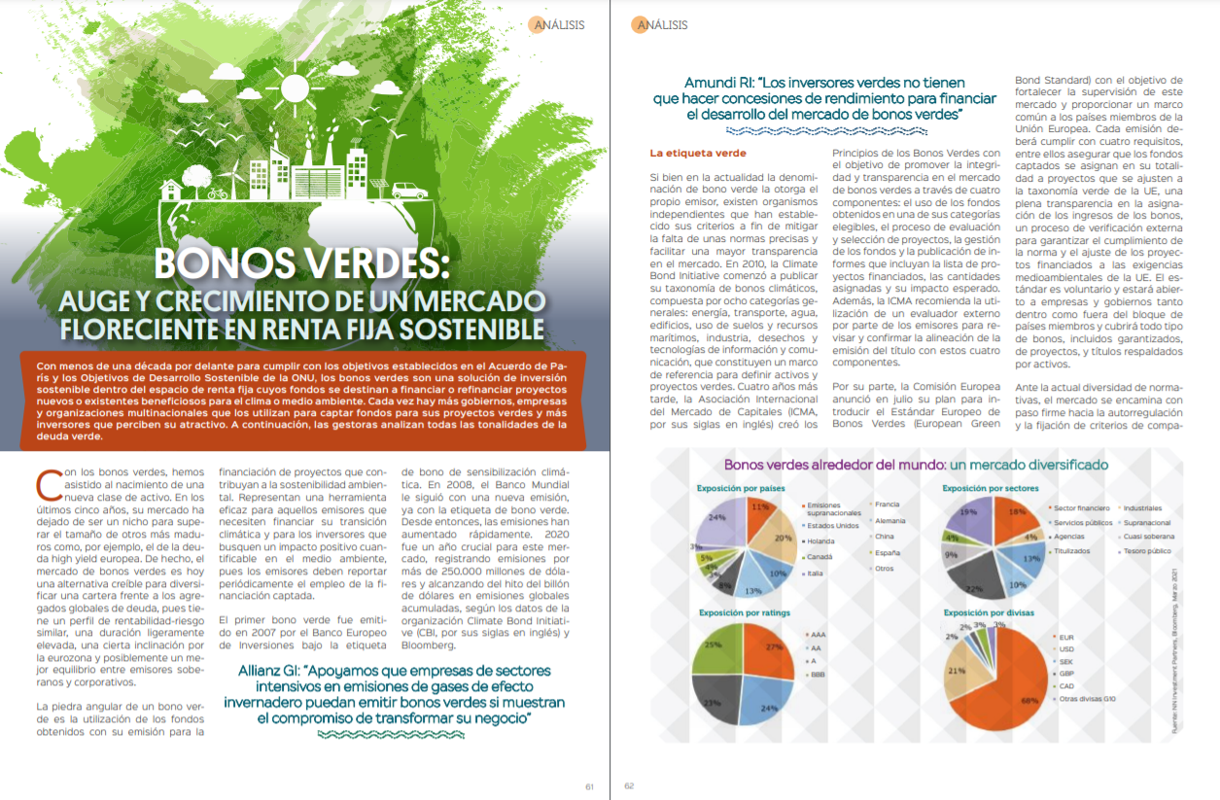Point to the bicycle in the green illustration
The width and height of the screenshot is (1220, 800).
(217, 193)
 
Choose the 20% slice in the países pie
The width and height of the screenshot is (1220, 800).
(777, 539)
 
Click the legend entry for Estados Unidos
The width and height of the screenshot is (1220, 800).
(832, 526)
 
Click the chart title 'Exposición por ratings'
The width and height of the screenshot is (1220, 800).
(744, 612)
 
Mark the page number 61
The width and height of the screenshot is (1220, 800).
(589, 786)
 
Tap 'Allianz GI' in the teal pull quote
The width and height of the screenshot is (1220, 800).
(275, 671)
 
